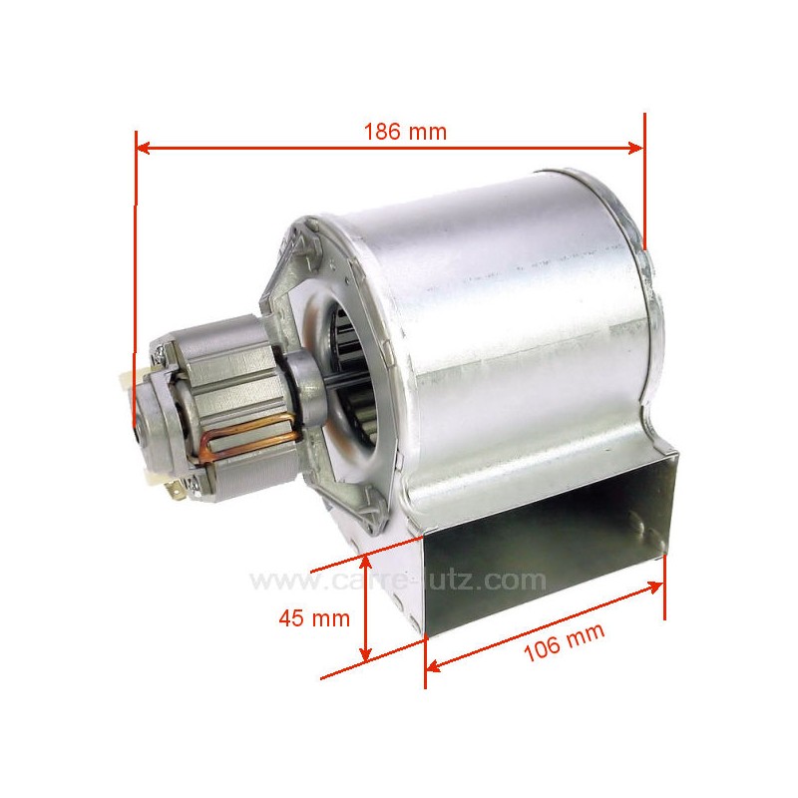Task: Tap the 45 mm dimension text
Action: [x=314, y=617]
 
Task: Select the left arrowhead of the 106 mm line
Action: [x=432, y=664]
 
